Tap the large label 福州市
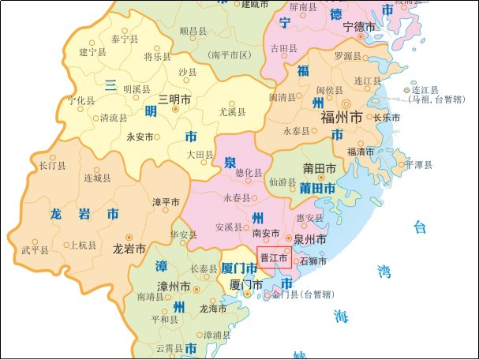(342, 118)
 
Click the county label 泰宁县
(125, 38)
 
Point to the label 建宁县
(93, 52)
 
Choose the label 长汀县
(52, 166)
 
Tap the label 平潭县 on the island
(418, 165)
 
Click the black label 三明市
(174, 99)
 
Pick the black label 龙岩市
(129, 248)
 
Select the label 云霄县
(169, 348)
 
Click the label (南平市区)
(230, 54)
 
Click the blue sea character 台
(419, 227)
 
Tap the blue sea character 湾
(384, 272)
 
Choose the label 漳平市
(166, 202)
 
